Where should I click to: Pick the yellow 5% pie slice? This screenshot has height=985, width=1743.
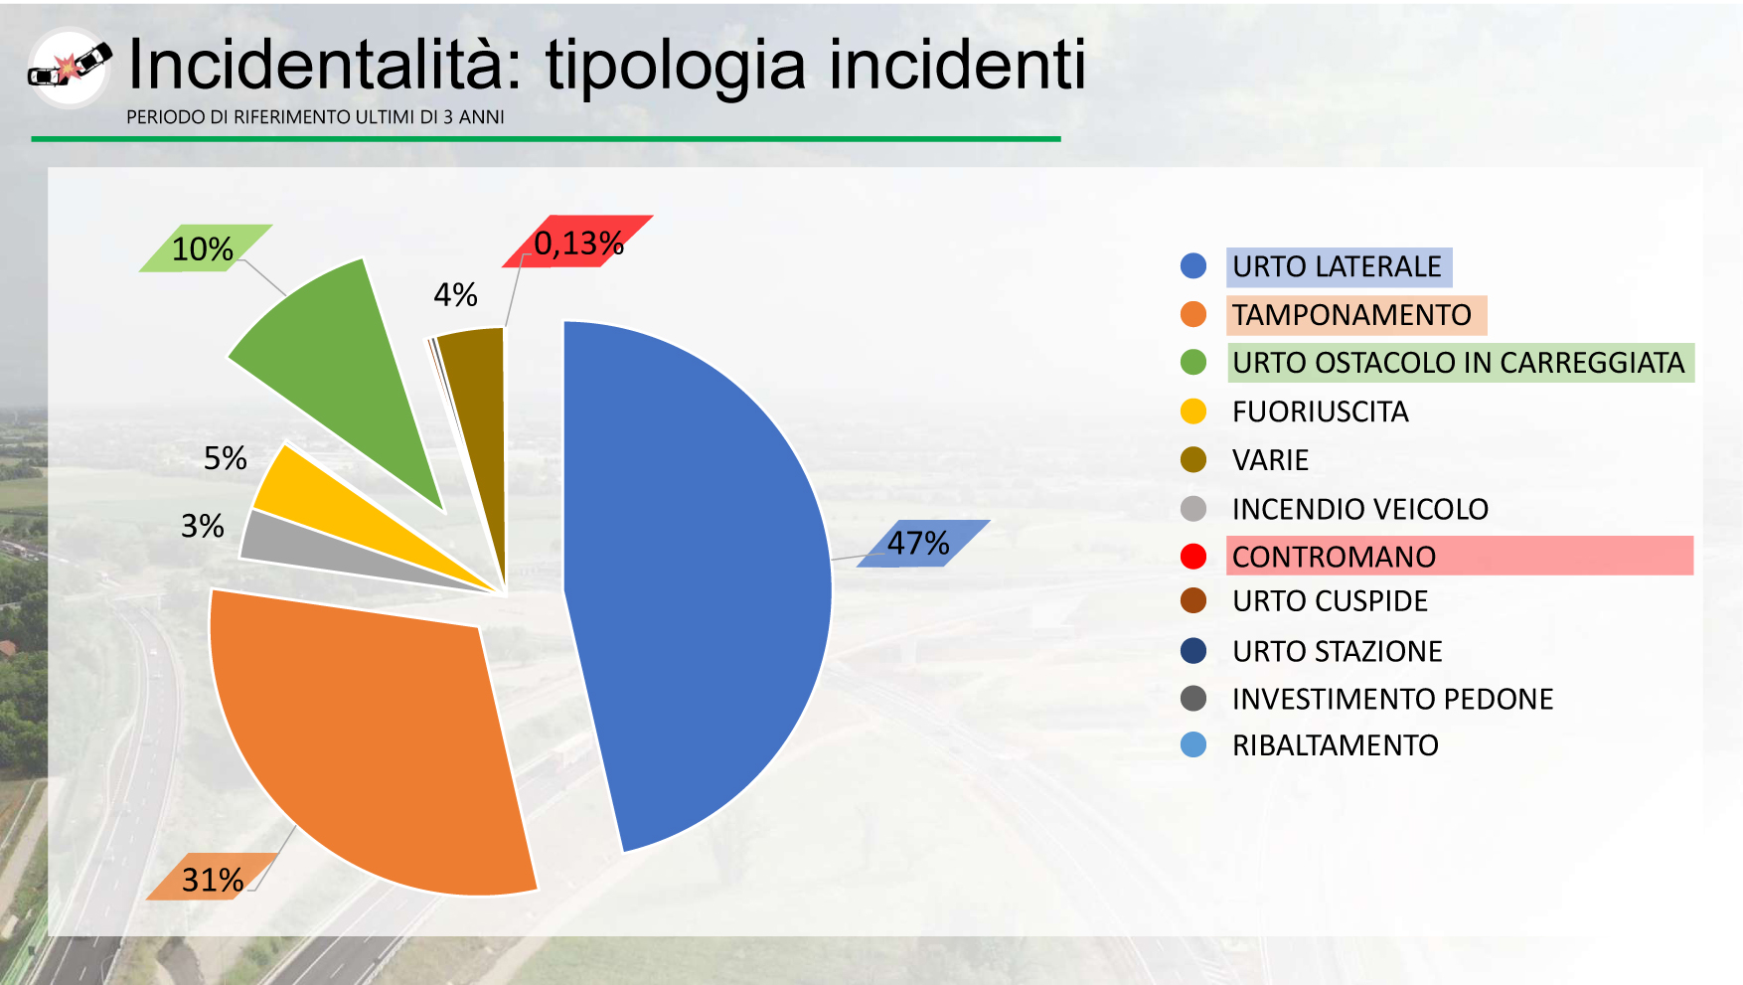pyautogui.click(x=328, y=497)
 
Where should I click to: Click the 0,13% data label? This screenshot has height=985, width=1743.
pyautogui.click(x=578, y=243)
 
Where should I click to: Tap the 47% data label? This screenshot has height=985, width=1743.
pyautogui.click(x=918, y=544)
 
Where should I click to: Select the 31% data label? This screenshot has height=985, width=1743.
pyautogui.click(x=212, y=879)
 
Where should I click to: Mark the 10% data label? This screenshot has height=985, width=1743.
pyautogui.click(x=203, y=248)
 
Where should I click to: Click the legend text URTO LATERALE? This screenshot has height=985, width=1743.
pyautogui.click(x=1337, y=266)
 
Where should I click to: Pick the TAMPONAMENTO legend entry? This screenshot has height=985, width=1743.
pyautogui.click(x=1351, y=315)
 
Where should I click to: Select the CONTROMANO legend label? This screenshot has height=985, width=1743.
pyautogui.click(x=1334, y=557)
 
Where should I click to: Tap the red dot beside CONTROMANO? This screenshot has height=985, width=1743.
pyautogui.click(x=1193, y=557)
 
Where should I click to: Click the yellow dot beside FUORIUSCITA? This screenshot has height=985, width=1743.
pyautogui.click(x=1193, y=410)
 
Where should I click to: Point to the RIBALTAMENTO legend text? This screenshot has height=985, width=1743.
pyautogui.click(x=1335, y=745)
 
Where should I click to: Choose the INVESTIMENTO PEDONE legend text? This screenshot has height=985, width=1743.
pyautogui.click(x=1392, y=699)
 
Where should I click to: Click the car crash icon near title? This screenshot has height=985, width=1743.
pyautogui.click(x=69, y=67)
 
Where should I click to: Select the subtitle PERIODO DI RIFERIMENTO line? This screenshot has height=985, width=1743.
pyautogui.click(x=315, y=117)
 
